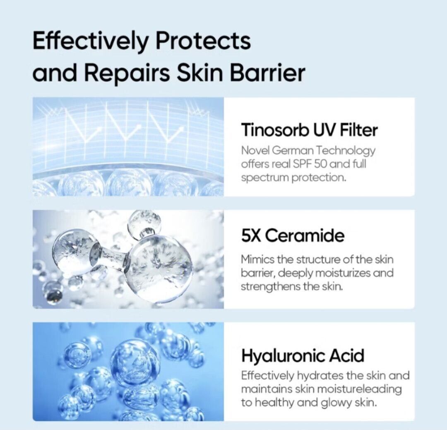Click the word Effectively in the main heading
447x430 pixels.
90,41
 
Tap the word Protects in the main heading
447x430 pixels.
203,40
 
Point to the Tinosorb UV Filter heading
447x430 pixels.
309,130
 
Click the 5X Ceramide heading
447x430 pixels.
293,236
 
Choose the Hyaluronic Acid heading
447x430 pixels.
303,356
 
